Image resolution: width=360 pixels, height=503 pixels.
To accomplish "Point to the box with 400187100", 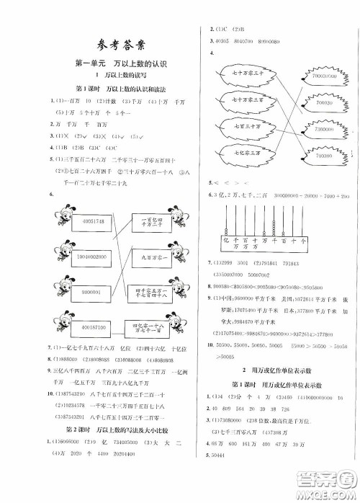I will (89, 327).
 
